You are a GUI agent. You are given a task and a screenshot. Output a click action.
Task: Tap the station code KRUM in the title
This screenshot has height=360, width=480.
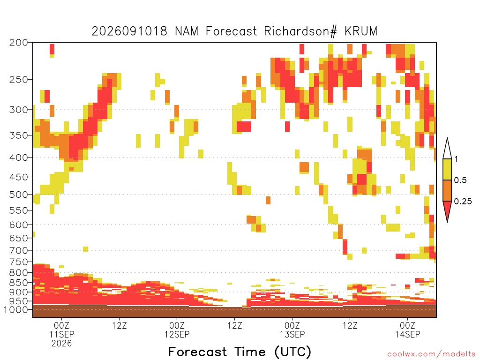coord(361,31)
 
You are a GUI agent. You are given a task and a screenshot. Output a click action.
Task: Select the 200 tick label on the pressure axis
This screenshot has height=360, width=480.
coord(19,43)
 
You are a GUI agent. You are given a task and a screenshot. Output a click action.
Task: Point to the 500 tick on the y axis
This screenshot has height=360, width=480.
coord(19,195)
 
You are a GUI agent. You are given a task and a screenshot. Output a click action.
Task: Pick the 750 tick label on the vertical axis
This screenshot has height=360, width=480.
coord(19,262)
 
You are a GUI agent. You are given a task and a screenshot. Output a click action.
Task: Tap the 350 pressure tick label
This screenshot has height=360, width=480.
coord(19,135)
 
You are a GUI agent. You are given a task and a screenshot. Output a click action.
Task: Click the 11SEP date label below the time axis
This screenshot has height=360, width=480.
coord(61,334)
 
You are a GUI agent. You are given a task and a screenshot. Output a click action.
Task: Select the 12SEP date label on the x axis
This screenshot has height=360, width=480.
coord(177,334)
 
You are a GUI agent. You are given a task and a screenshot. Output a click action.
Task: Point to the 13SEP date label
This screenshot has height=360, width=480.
coord(292,334)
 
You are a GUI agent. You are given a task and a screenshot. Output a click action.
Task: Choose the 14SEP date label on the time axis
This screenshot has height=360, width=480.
coord(407,334)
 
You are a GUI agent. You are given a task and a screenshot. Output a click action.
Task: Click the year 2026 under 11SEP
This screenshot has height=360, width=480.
coord(61,344)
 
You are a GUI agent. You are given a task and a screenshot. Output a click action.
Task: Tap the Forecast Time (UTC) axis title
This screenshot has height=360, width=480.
coord(240,352)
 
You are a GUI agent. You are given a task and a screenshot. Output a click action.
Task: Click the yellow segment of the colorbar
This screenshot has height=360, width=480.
coord(447,169)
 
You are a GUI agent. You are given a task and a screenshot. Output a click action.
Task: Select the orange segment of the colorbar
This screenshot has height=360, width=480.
coord(447,190)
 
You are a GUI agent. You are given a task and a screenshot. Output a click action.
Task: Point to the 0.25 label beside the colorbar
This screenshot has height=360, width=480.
coord(463,202)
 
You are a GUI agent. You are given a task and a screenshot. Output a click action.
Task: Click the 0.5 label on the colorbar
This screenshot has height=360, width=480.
coord(460,180)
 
